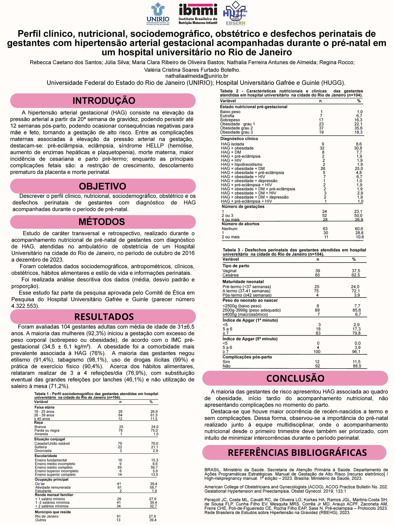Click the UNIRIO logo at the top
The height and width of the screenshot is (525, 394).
coord(158,14)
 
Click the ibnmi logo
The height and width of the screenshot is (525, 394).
coord(198,14)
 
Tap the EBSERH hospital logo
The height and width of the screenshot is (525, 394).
coord(235,14)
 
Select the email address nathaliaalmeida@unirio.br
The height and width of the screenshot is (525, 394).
coord(197,76)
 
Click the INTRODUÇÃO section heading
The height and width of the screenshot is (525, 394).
coord(104,101)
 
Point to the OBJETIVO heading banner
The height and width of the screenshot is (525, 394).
coord(103,186)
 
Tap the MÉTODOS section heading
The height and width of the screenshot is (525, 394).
coord(102,222)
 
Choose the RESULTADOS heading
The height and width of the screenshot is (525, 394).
coord(104,316)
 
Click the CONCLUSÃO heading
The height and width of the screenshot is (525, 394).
coord(295,378)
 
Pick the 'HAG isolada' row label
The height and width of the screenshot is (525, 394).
coord(232,144)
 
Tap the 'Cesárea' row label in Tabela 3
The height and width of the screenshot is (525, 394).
coord(231,275)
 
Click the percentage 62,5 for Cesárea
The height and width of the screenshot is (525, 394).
coord(356,275)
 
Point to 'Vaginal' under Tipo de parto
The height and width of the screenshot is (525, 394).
coord(229,271)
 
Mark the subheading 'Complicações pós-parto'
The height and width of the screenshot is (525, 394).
coord(247,357)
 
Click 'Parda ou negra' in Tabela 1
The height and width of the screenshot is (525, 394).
coord(47,431)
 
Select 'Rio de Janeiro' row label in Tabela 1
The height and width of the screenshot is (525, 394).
coord(47,516)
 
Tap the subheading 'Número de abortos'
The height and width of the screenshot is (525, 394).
coord(240,224)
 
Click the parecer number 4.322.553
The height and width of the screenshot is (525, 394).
coord(24,306)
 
